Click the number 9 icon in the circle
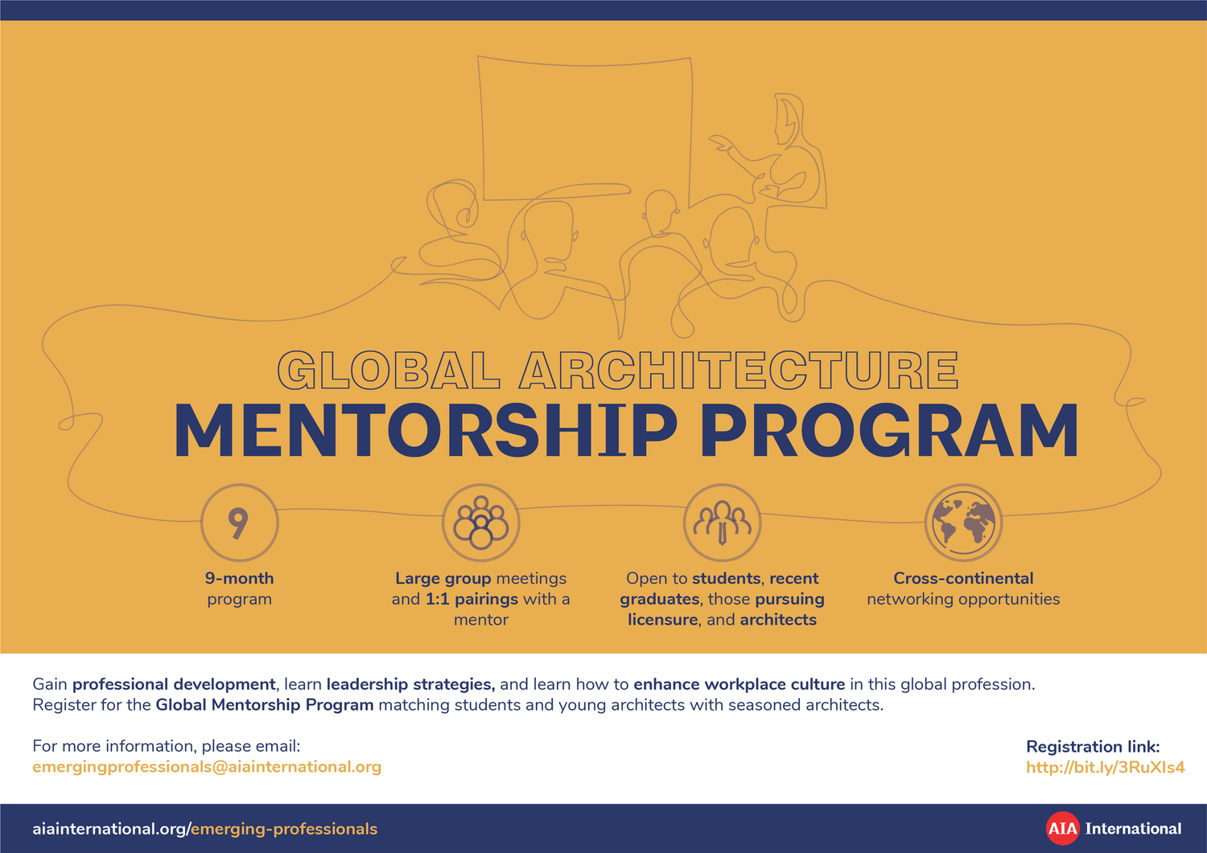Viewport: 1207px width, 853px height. (x=239, y=523)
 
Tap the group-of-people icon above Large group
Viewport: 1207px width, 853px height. (x=481, y=523)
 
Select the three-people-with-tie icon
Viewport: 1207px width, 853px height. (x=722, y=523)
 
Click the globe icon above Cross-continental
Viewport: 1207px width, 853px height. (x=963, y=523)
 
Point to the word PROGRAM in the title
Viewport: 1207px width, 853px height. (x=889, y=432)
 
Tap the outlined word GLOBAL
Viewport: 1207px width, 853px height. (x=389, y=371)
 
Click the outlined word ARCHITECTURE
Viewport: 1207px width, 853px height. (x=739, y=371)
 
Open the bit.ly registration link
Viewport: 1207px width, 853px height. (x=1105, y=767)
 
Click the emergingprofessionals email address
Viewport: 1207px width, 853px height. (x=207, y=767)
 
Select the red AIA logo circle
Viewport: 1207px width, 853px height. (x=1062, y=829)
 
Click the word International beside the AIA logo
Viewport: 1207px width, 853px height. (x=1133, y=829)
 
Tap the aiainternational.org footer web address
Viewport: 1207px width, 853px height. (x=204, y=829)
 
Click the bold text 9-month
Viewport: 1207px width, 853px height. (x=239, y=579)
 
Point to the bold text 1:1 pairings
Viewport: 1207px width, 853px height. (x=472, y=599)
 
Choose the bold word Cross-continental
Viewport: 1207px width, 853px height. (x=963, y=579)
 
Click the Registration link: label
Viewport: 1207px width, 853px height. (x=1093, y=747)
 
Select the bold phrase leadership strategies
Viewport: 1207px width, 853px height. (x=410, y=684)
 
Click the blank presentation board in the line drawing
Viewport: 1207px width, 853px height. (x=586, y=125)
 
